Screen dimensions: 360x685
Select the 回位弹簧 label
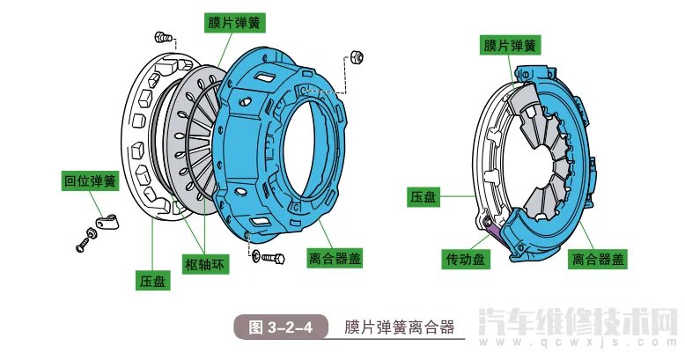click(x=89, y=181)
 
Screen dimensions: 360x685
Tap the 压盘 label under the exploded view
click(x=151, y=281)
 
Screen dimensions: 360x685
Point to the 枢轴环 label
click(x=206, y=264)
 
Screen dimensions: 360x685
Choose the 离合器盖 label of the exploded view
click(x=335, y=259)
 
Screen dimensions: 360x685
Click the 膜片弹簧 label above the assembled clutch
click(x=510, y=45)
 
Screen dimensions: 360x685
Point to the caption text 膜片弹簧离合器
click(x=399, y=327)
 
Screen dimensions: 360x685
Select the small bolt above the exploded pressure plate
click(x=162, y=36)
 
